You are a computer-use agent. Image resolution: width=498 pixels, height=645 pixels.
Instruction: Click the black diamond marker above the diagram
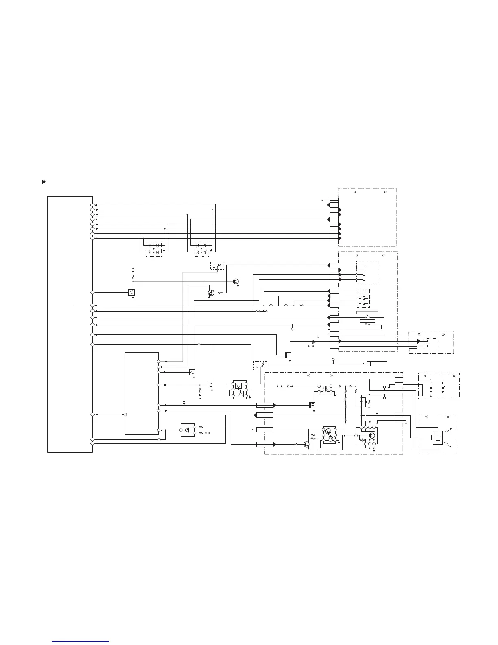(44, 182)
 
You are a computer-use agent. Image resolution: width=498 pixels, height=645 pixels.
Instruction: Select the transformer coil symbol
(324, 389)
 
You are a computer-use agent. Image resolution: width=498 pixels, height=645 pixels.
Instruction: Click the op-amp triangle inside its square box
(188, 430)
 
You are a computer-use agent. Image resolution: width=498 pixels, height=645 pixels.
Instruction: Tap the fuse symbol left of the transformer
(290, 386)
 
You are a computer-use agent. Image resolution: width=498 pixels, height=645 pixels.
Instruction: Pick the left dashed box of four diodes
(154, 249)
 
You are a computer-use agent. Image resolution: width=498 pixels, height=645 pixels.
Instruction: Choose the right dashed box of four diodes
(201, 249)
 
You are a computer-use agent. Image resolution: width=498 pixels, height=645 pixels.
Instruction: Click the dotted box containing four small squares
(367, 272)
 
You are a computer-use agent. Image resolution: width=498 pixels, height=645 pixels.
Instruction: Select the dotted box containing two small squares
(431, 343)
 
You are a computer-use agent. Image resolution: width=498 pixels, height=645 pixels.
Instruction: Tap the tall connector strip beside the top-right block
(334, 219)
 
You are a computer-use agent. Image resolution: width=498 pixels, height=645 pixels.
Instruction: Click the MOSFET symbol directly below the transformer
(312, 405)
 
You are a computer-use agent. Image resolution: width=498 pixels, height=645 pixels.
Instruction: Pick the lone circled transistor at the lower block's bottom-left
(306, 445)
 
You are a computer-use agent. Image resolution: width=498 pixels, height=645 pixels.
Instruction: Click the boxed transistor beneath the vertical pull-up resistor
(131, 292)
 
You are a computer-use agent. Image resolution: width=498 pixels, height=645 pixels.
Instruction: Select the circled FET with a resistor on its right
(211, 292)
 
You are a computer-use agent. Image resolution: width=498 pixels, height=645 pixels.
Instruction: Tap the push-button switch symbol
(367, 316)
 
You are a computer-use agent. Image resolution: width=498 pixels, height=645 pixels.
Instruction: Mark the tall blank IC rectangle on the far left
(70, 324)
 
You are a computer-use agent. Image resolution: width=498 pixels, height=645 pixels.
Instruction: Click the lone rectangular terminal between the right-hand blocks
(377, 364)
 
